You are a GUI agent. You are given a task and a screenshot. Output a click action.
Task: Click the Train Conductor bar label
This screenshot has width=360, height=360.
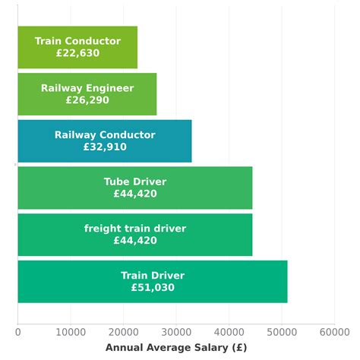coord(77,41)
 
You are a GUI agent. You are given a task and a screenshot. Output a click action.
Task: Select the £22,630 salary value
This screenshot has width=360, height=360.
coord(77,53)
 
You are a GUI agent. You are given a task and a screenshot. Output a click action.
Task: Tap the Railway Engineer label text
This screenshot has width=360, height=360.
coord(87,88)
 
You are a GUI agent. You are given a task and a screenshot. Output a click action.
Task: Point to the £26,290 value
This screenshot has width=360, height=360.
coord(87,100)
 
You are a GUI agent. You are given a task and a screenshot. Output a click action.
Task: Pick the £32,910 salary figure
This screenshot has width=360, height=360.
coord(105,147)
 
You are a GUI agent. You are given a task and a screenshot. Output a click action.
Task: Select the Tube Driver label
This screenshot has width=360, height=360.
coord(135,182)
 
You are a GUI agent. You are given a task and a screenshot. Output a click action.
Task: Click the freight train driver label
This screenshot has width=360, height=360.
coord(135,229)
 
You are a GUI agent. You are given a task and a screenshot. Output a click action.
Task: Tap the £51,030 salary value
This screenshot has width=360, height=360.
coord(153,288)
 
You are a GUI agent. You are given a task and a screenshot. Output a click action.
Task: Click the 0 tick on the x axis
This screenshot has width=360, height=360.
coord(17,331)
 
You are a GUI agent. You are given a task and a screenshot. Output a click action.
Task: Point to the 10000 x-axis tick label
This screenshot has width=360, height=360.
coord(70,331)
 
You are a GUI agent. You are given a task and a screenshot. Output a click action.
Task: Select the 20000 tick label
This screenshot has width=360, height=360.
coord(123,331)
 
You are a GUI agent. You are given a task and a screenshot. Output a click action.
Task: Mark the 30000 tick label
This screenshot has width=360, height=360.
coord(175,331)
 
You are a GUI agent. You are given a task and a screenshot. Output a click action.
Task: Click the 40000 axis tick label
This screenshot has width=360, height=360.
coord(229,331)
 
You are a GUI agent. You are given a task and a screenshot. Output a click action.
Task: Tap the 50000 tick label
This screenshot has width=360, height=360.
coord(281,331)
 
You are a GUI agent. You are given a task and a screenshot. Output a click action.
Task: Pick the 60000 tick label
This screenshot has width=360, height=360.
coord(333,331)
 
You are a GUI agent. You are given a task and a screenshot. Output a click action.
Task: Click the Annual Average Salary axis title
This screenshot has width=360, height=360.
coord(176,347)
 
